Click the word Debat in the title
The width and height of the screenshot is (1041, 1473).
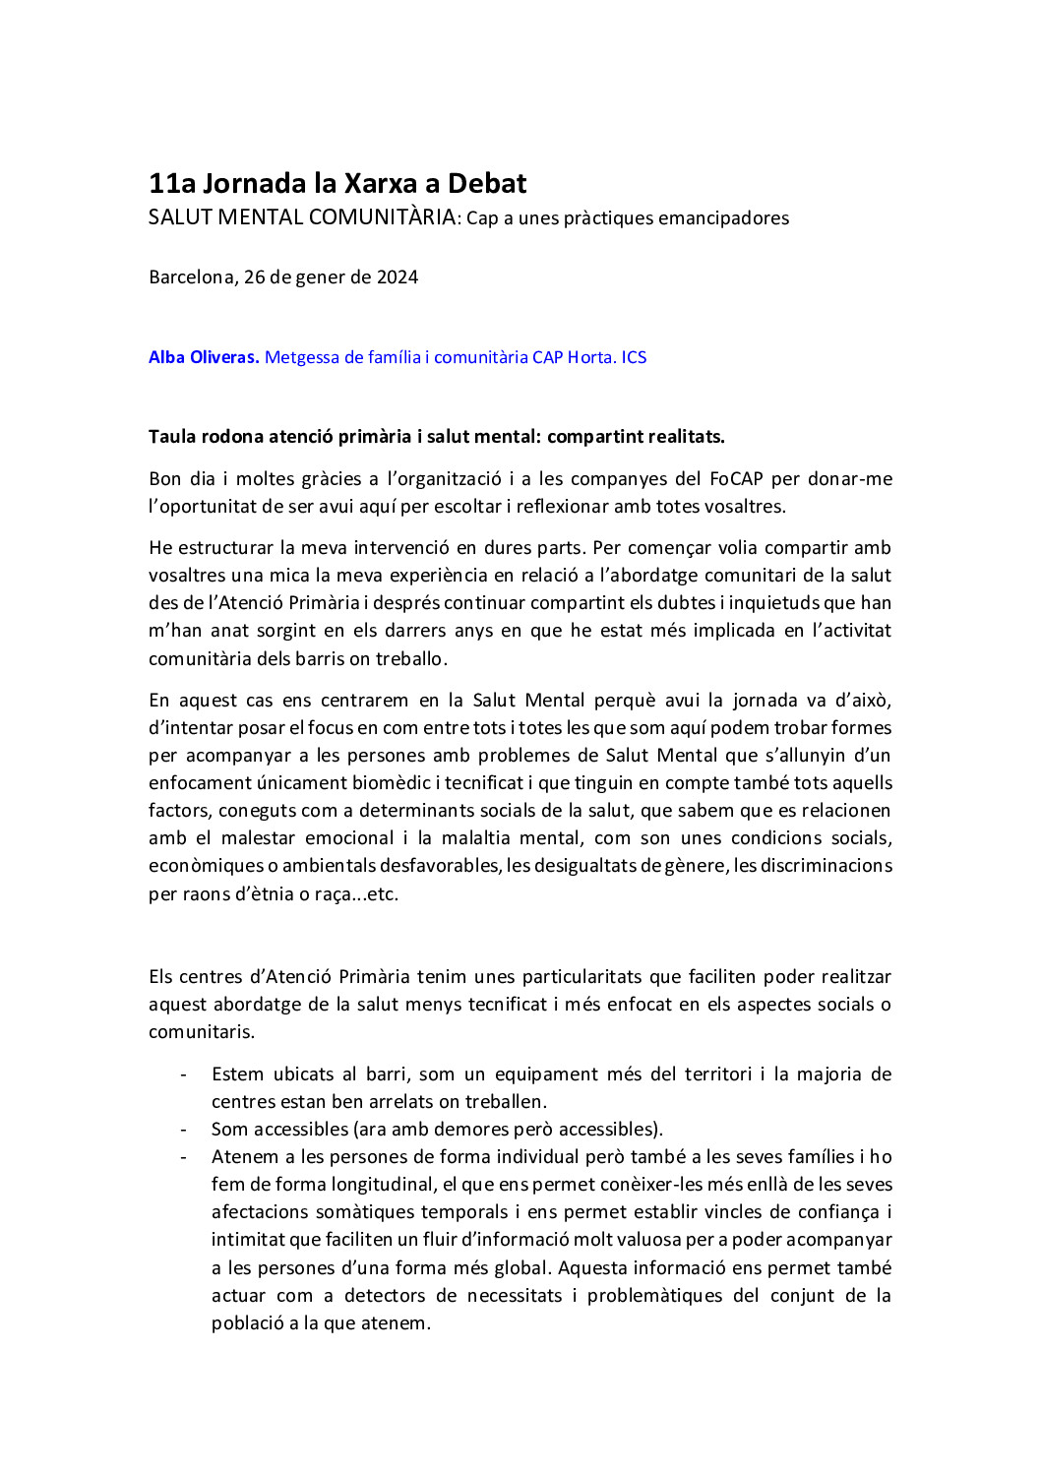point(487,184)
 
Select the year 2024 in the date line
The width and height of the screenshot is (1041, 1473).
point(398,277)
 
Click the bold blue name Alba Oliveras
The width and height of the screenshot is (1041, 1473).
point(204,358)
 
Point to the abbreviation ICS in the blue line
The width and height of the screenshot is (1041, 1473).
point(634,358)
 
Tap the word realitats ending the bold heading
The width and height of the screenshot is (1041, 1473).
point(686,437)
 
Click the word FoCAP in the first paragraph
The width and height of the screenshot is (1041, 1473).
point(736,479)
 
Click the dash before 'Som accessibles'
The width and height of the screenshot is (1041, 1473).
point(184,1130)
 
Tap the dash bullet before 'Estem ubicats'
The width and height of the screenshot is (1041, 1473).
point(184,1074)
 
